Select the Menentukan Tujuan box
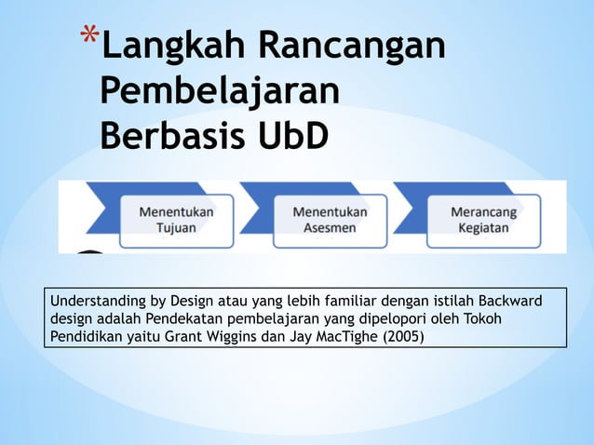[176, 220]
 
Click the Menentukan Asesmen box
[330, 220]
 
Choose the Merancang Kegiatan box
[483, 220]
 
